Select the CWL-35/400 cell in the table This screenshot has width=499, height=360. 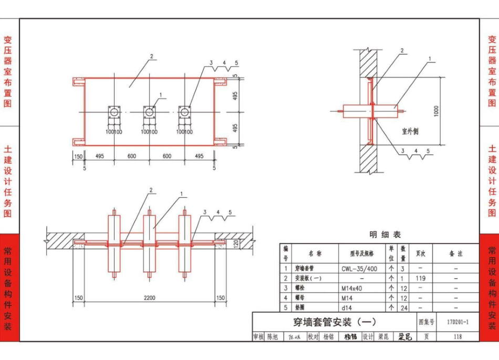pyautogui.click(x=359, y=269)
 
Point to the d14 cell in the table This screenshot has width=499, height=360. pyautogui.click(x=347, y=308)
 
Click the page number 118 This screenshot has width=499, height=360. pyautogui.click(x=458, y=337)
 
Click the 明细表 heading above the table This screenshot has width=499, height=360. pyautogui.click(x=385, y=235)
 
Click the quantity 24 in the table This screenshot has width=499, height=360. pyautogui.click(x=404, y=308)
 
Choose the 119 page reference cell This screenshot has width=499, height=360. pyautogui.click(x=421, y=278)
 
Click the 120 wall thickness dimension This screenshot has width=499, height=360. pyautogui.click(x=236, y=243)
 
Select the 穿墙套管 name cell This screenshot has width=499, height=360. pyautogui.click(x=305, y=269)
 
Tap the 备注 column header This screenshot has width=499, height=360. pyautogui.click(x=456, y=253)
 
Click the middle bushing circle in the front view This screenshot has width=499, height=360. pyautogui.click(x=149, y=112)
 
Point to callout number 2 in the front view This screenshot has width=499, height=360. pyautogui.click(x=151, y=56)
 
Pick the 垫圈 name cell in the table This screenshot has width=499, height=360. pyautogui.click(x=300, y=308)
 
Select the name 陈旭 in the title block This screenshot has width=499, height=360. pyautogui.click(x=272, y=337)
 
